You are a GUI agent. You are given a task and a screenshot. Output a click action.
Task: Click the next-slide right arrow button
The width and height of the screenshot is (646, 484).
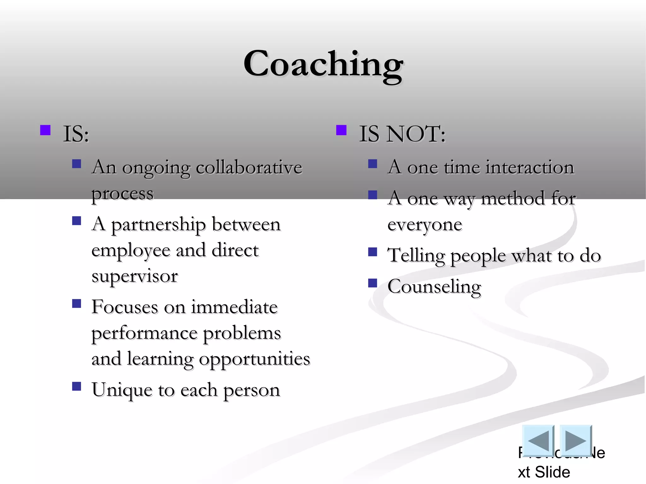576,440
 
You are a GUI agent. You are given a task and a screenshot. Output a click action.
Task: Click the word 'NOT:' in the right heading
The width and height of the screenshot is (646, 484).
416,134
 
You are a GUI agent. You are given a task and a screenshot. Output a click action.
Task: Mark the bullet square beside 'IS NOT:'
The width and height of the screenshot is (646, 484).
341,130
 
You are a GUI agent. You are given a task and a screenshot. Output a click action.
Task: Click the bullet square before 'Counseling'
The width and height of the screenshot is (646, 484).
373,283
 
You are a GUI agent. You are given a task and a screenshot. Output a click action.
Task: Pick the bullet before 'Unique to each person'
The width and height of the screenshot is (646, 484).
77,386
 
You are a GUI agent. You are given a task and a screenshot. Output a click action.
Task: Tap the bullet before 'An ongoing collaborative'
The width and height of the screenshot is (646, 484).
77,164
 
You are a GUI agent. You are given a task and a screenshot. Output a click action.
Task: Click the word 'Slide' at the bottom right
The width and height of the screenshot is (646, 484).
552,472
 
